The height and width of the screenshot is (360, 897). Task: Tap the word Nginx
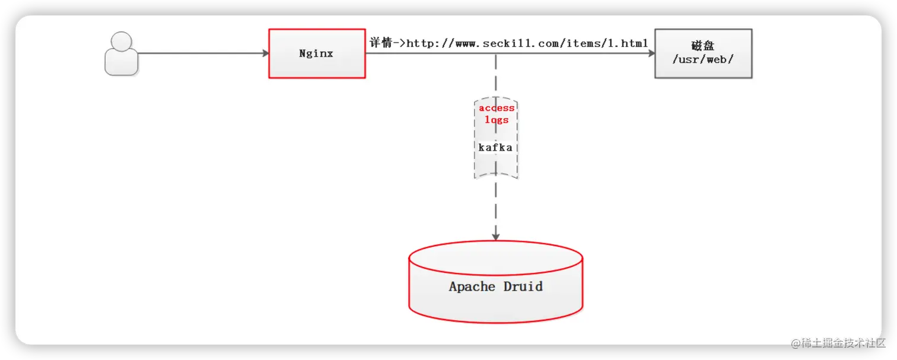(x=316, y=53)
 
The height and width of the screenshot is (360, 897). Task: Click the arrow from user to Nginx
(x=202, y=53)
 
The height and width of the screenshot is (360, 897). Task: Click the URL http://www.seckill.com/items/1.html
(x=527, y=43)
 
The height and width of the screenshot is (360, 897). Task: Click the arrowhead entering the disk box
(x=651, y=53)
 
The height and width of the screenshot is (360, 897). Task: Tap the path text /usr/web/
(x=703, y=59)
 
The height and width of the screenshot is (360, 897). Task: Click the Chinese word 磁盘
(x=703, y=46)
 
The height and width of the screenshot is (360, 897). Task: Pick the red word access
(x=497, y=109)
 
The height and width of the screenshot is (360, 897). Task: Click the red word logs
(x=497, y=120)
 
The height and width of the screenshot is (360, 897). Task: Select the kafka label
(x=495, y=147)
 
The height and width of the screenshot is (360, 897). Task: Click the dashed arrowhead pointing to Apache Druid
(x=496, y=236)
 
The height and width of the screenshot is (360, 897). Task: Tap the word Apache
(x=472, y=287)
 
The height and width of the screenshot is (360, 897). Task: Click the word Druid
(x=523, y=286)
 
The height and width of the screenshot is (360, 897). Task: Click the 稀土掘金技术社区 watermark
(x=837, y=342)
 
